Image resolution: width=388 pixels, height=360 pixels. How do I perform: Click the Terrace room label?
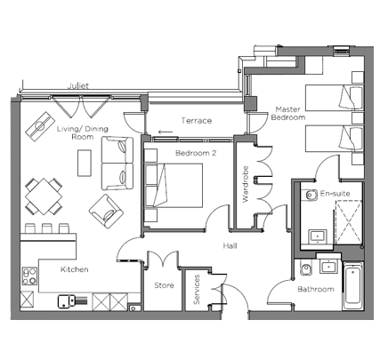click(x=197, y=121)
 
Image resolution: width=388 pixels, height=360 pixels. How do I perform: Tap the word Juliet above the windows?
click(x=78, y=86)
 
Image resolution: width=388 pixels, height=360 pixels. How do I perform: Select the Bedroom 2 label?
click(x=196, y=153)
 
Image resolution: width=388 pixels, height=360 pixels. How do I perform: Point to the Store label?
click(x=164, y=285)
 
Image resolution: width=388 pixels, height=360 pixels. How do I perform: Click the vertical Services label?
click(x=197, y=290)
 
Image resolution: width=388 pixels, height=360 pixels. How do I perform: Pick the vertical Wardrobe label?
click(x=245, y=184)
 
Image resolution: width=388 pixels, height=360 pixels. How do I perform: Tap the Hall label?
click(x=230, y=245)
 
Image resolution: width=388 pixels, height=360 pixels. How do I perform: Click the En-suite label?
click(x=335, y=194)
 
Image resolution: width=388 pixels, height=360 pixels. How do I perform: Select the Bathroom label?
click(x=316, y=289)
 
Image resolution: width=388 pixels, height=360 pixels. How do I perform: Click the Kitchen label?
click(x=75, y=269)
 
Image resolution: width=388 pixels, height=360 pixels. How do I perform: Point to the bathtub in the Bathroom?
click(x=352, y=286)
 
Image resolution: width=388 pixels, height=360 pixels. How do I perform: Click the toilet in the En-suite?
click(x=310, y=195)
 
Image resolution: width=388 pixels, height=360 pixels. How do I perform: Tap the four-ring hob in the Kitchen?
click(x=29, y=276)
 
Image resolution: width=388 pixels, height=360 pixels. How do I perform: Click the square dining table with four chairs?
click(x=44, y=196)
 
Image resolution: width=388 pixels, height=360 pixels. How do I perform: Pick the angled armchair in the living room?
click(x=106, y=211)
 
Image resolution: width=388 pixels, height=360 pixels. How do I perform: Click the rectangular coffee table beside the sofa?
click(x=85, y=163)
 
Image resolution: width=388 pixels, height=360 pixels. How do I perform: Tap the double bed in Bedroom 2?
click(x=174, y=185)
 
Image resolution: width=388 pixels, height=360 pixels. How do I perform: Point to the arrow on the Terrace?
click(x=166, y=132)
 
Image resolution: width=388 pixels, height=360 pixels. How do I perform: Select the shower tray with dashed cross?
click(x=349, y=222)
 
